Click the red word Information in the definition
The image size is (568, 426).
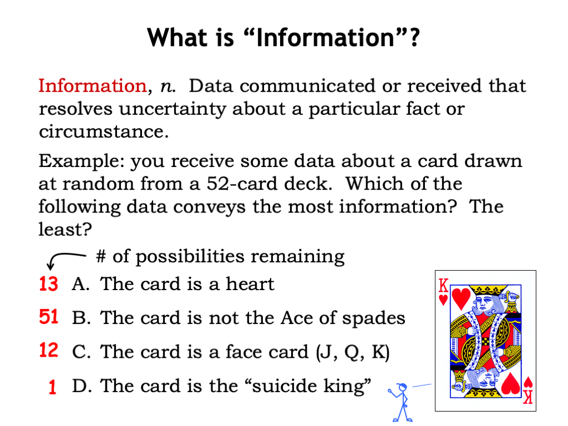pyautogui.click(x=92, y=86)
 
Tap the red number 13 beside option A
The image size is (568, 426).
pyautogui.click(x=48, y=285)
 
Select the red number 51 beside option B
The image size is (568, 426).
pyautogui.click(x=48, y=318)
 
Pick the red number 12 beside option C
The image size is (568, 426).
pyautogui.click(x=48, y=351)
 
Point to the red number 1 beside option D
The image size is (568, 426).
pyautogui.click(x=52, y=387)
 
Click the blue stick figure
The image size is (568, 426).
pyautogui.click(x=400, y=402)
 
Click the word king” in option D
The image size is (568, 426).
pyautogui.click(x=347, y=387)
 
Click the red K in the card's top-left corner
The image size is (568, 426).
pyautogui.click(x=443, y=286)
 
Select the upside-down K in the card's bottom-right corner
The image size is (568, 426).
pyautogui.click(x=529, y=396)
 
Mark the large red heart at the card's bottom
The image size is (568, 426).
pyautogui.click(x=510, y=384)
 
